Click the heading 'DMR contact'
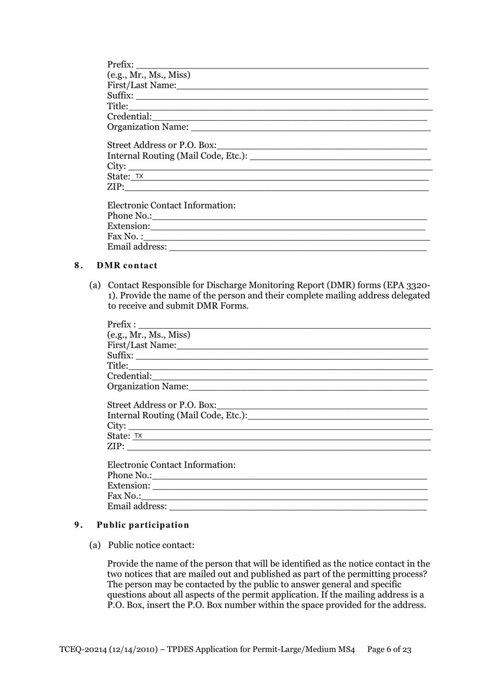[127, 266]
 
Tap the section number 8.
[78, 266]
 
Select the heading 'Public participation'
[143, 525]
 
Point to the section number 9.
[78, 525]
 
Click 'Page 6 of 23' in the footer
[389, 649]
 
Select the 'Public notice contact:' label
[151, 545]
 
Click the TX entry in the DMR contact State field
[138, 436]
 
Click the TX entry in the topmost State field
[139, 176]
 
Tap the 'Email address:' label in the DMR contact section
[137, 506]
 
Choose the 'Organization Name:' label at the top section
[147, 127]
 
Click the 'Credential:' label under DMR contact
[129, 376]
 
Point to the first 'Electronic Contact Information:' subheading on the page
[171, 205]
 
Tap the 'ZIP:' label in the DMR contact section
[116, 447]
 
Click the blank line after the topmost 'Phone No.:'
[289, 216]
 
